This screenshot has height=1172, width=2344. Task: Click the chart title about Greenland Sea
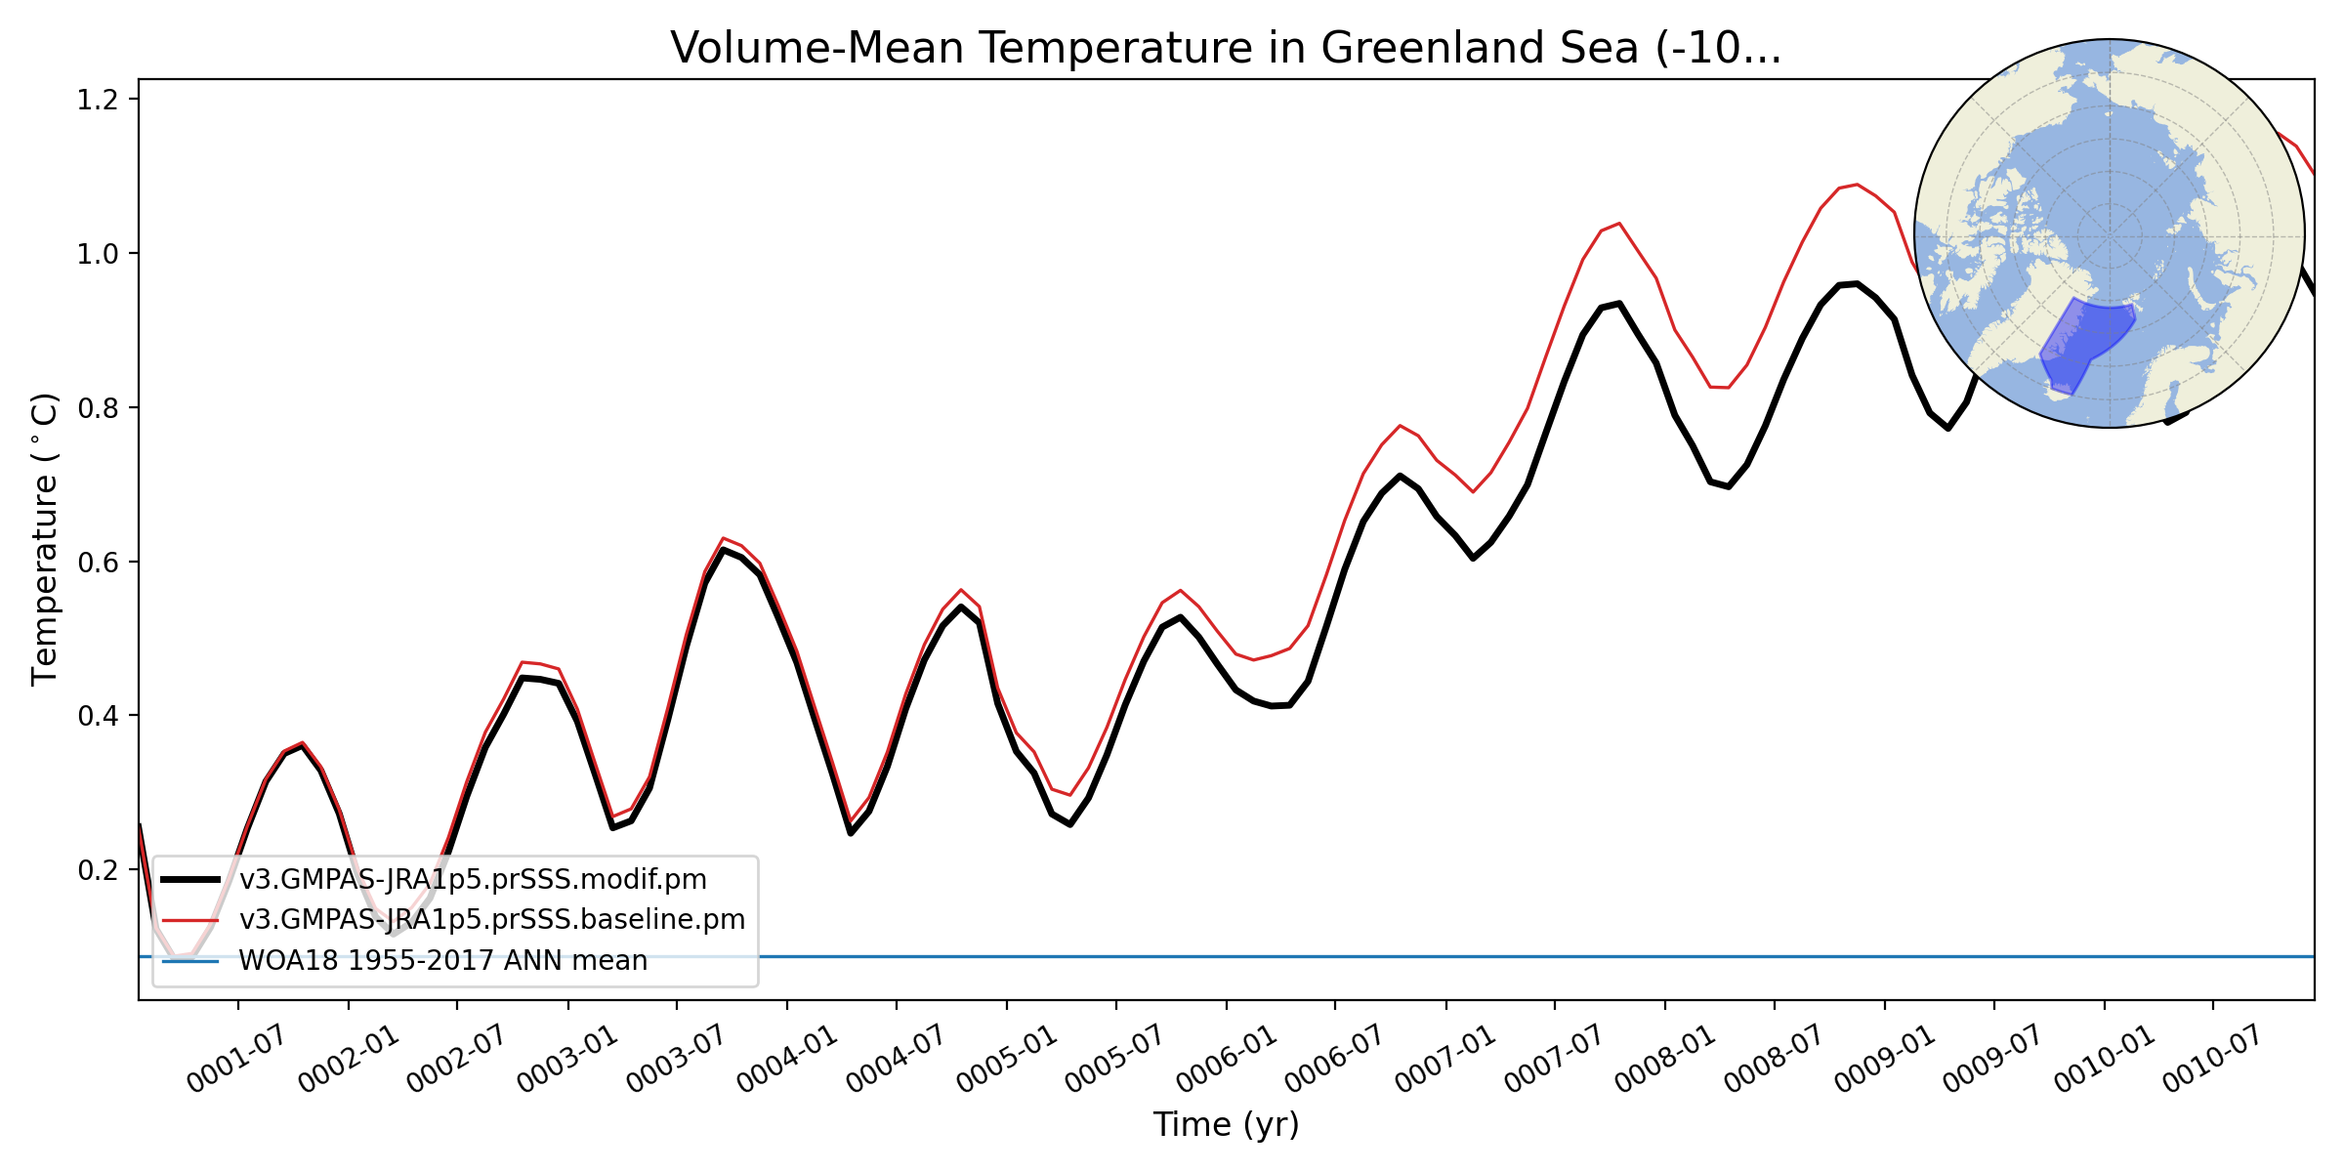tap(1226, 48)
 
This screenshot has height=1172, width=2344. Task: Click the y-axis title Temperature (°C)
tap(45, 539)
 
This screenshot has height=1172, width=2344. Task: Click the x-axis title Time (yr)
tap(1226, 1124)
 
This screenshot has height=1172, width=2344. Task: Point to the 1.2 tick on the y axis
tap(98, 100)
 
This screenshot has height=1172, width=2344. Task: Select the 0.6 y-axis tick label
tap(98, 563)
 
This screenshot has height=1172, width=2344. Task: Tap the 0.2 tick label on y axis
tap(98, 870)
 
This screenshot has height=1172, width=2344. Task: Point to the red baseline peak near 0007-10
tap(1619, 224)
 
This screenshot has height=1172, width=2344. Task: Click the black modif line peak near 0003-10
tap(723, 550)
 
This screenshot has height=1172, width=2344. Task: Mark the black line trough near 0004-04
tap(851, 833)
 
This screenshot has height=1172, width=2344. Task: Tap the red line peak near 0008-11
tap(1857, 184)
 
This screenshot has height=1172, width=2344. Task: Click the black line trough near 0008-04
tap(1729, 486)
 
